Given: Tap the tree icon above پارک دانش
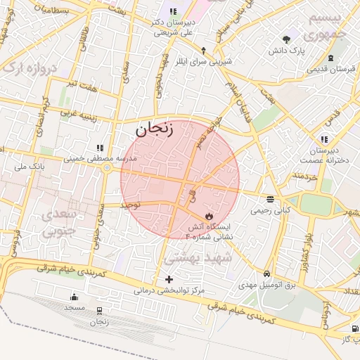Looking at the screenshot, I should pos(285,39).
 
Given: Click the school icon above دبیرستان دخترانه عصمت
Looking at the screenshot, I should pos(323,139).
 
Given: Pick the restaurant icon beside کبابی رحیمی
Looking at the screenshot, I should pos(271,199).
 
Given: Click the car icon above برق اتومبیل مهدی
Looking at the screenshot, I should pos(266,274).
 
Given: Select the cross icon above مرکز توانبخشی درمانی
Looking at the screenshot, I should pos(168,279).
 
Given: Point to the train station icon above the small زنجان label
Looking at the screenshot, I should pos(99,310).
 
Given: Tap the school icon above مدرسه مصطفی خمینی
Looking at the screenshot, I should pos(100,148).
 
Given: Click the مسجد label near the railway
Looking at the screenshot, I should pos(74,308).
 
